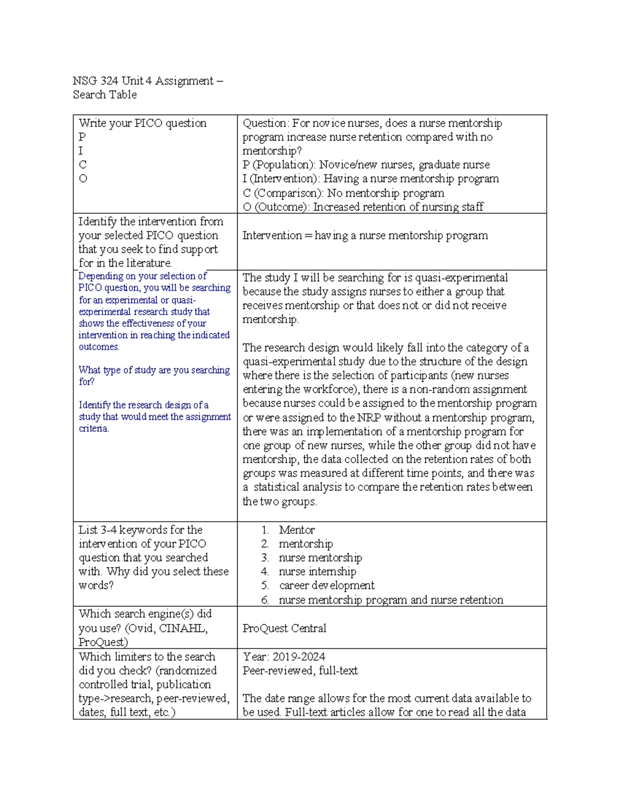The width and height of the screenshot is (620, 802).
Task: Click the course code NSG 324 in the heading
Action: [x=96, y=81]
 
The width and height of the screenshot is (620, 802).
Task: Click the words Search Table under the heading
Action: [x=105, y=95]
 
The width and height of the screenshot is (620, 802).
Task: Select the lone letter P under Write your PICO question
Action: [x=82, y=137]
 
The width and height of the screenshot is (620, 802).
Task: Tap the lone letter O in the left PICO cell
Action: [x=83, y=179]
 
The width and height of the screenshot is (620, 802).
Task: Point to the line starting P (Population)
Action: [x=366, y=165]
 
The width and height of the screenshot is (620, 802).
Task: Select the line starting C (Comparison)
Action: [x=343, y=194]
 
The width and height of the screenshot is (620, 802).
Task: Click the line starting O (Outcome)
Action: [x=363, y=207]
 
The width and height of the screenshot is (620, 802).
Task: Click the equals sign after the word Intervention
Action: [x=308, y=236]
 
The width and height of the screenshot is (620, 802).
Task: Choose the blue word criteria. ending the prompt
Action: [x=94, y=429]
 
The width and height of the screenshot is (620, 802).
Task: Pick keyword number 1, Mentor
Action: [x=297, y=530]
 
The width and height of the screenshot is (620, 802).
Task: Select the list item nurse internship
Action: [x=317, y=572]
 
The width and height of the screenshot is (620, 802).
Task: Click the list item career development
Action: [x=327, y=586]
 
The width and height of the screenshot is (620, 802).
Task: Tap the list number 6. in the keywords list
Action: [x=265, y=600]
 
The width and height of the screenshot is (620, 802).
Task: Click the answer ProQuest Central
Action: [x=284, y=628]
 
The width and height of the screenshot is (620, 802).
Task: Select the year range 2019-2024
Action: [x=299, y=657]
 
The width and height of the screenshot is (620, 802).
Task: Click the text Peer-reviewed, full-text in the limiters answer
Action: [x=300, y=671]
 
